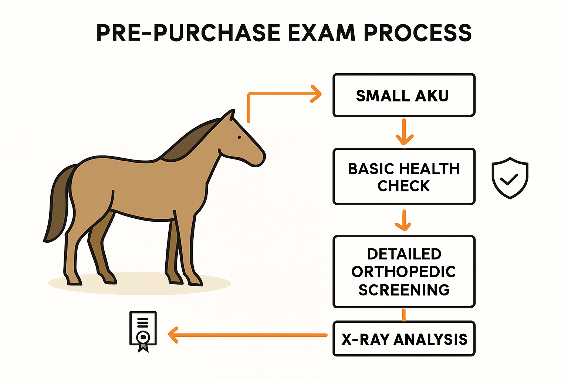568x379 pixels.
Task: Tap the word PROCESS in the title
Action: pyautogui.click(x=418, y=33)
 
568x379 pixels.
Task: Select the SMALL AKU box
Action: pyautogui.click(x=404, y=95)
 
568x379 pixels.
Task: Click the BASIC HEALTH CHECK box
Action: pyautogui.click(x=404, y=177)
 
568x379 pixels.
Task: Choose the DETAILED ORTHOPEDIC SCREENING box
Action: pyautogui.click(x=404, y=272)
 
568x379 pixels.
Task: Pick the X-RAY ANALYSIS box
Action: pyautogui.click(x=404, y=339)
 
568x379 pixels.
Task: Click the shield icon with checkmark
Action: pyautogui.click(x=510, y=178)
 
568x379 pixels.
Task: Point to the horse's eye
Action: pyautogui.click(x=239, y=137)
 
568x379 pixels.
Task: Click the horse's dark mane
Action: pyautogui.click(x=190, y=142)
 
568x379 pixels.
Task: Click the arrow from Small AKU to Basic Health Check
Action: pyautogui.click(x=404, y=132)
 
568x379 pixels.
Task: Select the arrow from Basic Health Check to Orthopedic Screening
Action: pyautogui.click(x=404, y=220)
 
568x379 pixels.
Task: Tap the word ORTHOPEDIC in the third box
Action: pyautogui.click(x=404, y=272)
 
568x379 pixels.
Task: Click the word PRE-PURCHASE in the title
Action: pyautogui.click(x=188, y=33)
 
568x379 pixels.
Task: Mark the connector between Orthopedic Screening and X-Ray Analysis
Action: pyautogui.click(x=404, y=315)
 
